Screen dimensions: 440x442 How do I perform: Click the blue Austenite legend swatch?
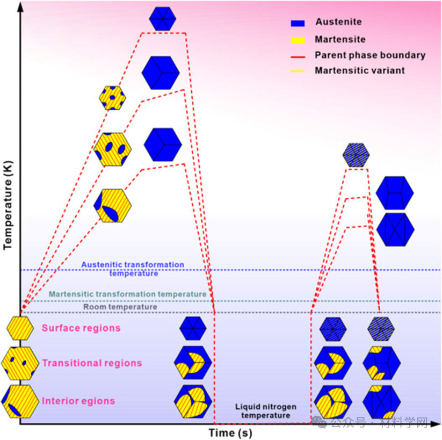tap(297, 23)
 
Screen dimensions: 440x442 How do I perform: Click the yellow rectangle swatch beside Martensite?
tap(297, 40)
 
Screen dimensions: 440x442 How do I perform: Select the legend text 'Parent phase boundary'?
tap(370, 55)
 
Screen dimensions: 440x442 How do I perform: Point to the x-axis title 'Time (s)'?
tap(230, 432)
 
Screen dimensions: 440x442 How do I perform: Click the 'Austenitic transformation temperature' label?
tap(133, 269)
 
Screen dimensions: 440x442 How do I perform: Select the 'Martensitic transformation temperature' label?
tap(127, 294)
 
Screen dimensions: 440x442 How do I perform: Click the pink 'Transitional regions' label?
tap(92, 363)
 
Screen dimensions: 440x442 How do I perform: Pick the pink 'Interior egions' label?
tap(78, 401)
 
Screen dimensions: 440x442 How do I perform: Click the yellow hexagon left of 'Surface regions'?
tap(20, 328)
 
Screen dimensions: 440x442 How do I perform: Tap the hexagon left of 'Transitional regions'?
tap(19, 364)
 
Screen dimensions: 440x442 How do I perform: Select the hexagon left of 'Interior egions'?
tap(19, 401)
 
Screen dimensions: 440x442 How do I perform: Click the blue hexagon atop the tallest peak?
tap(163, 18)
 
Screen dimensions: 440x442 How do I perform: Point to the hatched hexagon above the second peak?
tap(356, 155)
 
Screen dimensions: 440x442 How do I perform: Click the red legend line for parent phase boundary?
tap(297, 55)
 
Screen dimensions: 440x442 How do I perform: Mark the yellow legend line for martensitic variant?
tap(297, 71)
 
